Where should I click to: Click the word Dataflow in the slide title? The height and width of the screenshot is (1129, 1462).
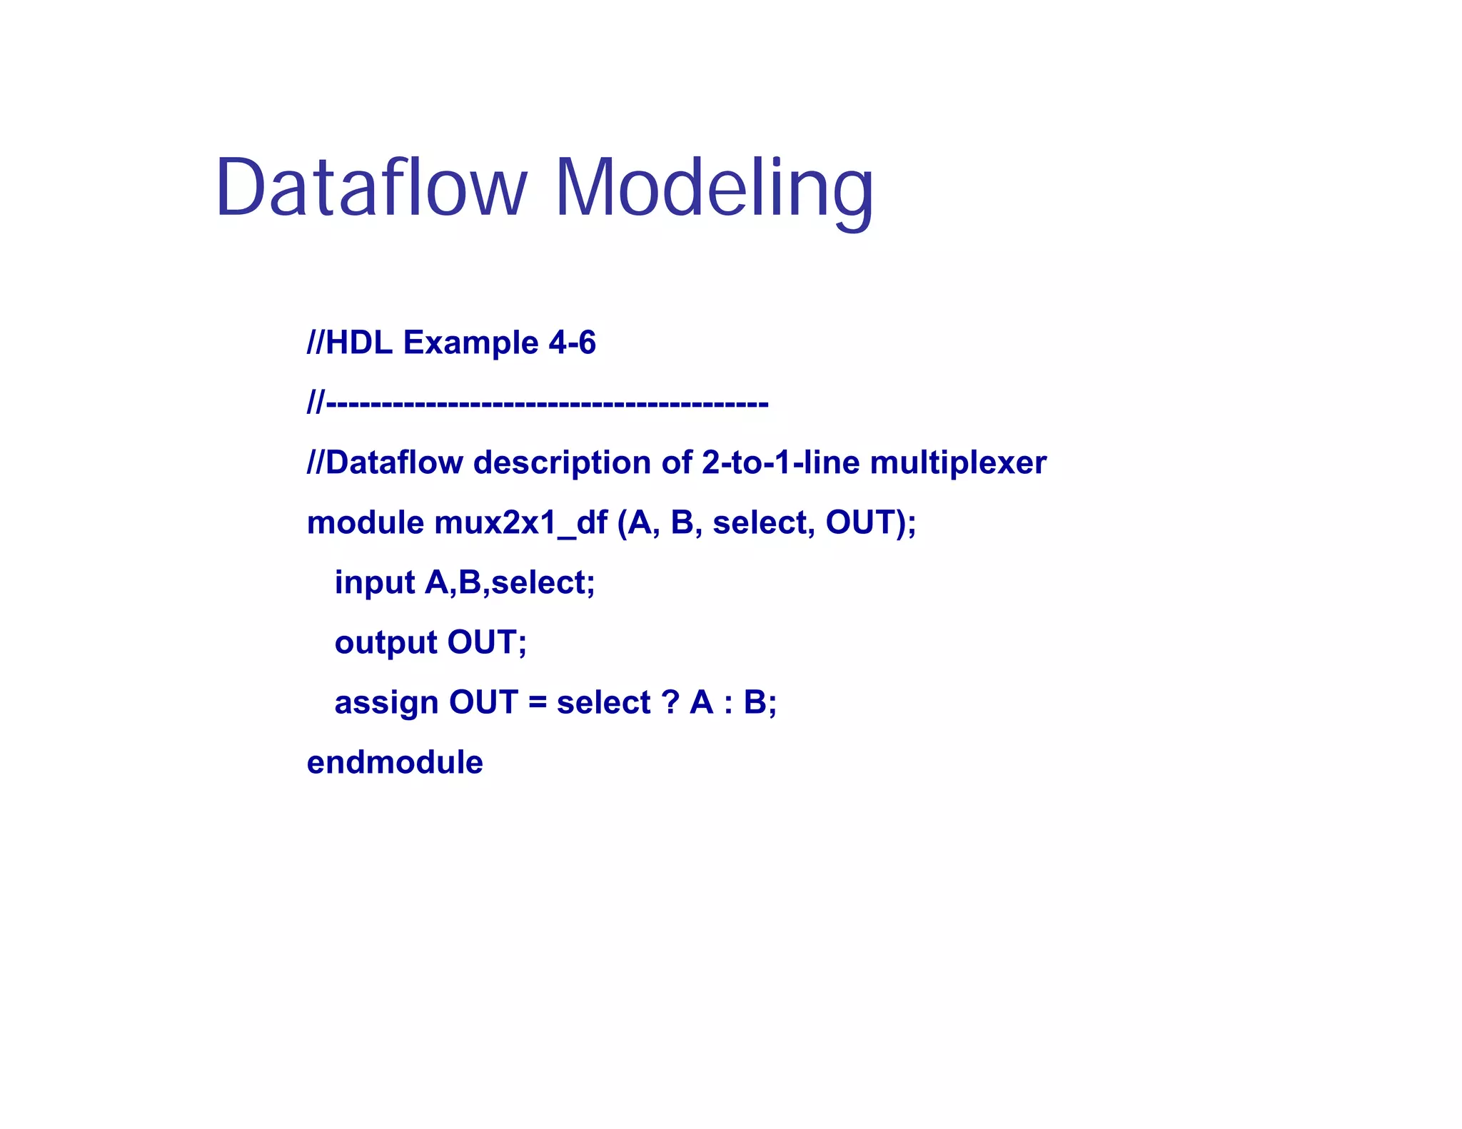370,187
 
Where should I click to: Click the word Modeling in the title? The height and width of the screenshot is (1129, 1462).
713,187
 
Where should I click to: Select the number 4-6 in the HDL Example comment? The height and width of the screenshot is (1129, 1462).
572,343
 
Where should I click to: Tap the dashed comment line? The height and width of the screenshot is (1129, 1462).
538,404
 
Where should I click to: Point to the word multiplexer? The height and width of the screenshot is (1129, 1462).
958,463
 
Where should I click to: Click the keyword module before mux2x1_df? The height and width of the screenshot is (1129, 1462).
365,523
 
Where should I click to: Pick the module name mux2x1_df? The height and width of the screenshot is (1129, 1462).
520,523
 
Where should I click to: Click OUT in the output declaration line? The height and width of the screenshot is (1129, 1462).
482,643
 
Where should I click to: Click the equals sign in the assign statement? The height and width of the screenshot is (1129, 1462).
538,704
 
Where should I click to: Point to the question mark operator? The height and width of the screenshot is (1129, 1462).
670,703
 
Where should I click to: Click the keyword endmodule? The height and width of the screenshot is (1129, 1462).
395,763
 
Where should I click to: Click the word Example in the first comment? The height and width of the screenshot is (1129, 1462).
470,343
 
